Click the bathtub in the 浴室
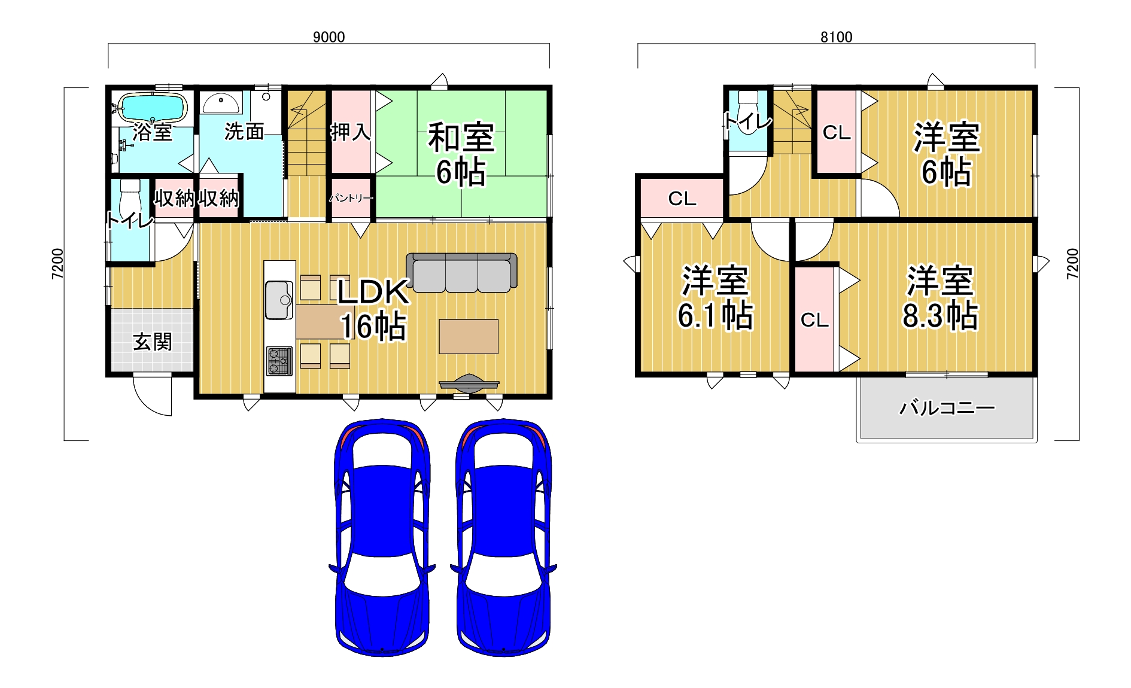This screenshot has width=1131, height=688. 153,107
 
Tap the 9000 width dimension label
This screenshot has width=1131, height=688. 329,37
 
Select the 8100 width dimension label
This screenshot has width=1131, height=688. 836,37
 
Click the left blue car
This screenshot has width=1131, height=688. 382,537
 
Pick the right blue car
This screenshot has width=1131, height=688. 503,537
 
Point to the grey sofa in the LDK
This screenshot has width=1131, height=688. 461,272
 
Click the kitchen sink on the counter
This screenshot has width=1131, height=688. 279,300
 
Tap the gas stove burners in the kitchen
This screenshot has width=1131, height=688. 279,361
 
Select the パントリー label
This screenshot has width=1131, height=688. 351,198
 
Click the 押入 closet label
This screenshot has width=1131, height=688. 351,132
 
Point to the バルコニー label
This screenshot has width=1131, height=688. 947,408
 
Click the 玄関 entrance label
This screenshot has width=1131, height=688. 153,342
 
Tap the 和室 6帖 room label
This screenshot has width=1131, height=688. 461,154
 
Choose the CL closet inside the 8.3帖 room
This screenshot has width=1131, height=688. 814,319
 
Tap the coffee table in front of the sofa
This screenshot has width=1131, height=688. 469,336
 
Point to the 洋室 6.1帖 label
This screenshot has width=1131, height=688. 715,298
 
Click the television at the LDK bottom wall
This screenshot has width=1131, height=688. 469,383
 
